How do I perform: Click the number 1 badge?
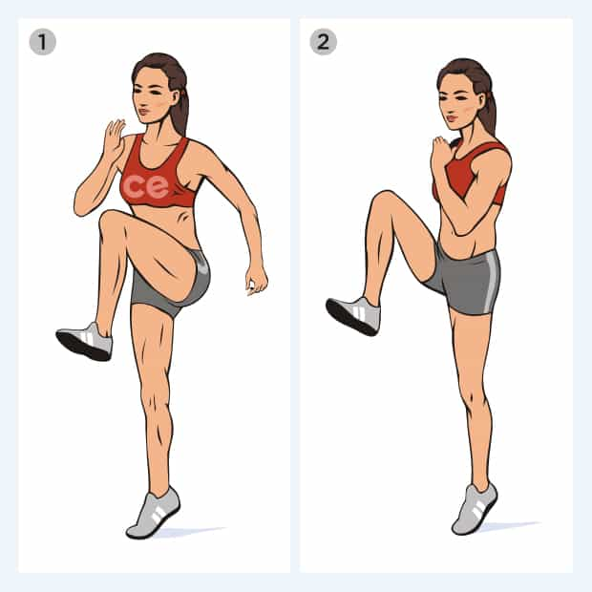coord(42,42)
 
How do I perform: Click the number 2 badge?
coord(323,41)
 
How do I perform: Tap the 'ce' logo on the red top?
coord(145,186)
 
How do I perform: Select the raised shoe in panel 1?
coord(85,341)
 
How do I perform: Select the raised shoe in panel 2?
coord(353,316)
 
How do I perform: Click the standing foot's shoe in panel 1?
coord(153,513)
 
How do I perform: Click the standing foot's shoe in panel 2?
coord(475,508)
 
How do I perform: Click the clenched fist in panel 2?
coord(442,153)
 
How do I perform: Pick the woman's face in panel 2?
coord(457,101)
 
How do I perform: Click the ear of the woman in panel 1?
coord(175,97)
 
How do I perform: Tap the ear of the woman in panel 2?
coord(481,100)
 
